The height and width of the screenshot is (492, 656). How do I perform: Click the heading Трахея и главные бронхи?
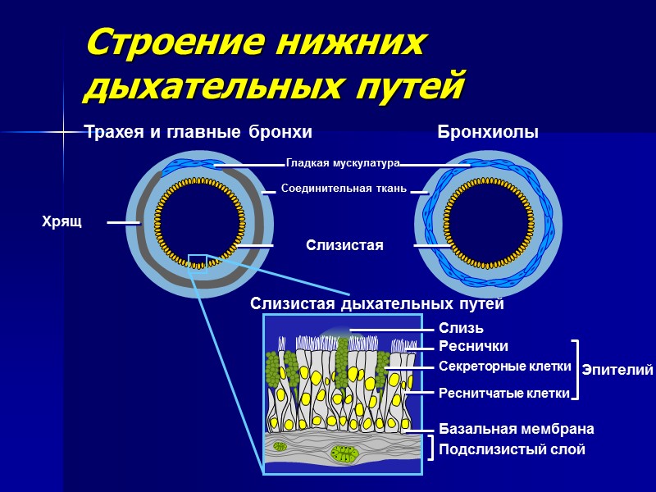(198, 132)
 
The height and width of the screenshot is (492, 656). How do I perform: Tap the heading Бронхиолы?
(488, 132)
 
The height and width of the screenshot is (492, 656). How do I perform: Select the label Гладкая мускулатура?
(342, 163)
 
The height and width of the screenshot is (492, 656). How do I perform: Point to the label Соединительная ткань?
(344, 189)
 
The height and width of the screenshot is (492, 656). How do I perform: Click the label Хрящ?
(61, 221)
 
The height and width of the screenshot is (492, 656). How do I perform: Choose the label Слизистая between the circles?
(344, 245)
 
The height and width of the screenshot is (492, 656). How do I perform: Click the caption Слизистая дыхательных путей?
(376, 304)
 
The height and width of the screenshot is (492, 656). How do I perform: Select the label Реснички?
(473, 346)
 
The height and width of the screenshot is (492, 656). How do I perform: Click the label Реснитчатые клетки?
(503, 394)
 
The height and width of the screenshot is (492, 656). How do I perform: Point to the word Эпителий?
(617, 371)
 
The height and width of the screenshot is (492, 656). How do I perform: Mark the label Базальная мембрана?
(516, 429)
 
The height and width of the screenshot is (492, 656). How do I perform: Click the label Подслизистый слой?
(512, 449)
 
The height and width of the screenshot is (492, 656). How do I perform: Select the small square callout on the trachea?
(197, 261)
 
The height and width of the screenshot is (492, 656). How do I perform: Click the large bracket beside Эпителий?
(576, 370)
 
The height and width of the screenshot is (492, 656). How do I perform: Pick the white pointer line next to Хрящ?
(123, 222)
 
